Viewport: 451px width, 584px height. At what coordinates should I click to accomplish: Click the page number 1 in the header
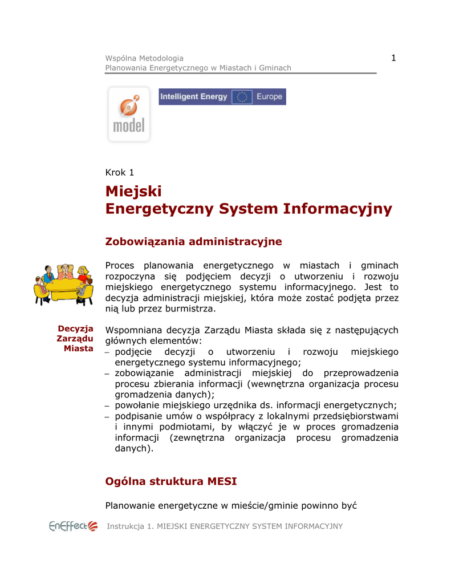click(393, 57)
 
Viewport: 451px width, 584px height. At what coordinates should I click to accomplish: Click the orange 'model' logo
click(129, 114)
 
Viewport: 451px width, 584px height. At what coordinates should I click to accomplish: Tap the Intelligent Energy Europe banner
click(222, 97)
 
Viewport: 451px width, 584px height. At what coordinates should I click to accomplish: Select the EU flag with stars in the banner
click(242, 97)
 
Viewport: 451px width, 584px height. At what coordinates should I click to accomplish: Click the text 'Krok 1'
click(120, 172)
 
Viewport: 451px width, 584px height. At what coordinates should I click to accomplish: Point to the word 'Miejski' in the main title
click(134, 190)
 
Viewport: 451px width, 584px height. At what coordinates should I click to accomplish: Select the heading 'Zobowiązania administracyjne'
click(194, 242)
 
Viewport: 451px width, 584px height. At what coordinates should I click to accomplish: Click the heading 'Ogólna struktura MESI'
click(171, 482)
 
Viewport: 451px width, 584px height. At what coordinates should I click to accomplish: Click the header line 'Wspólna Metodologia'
click(144, 58)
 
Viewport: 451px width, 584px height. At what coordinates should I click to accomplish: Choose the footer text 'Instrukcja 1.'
click(131, 526)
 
